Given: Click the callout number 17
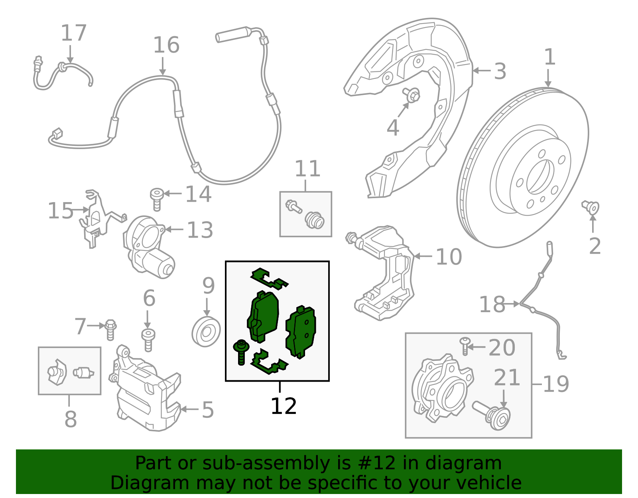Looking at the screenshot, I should (74, 33).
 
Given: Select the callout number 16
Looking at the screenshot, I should (166, 45).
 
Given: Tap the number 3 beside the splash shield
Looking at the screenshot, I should (500, 72).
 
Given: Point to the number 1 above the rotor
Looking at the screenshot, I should (550, 57).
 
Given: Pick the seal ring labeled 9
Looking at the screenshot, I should (206, 332).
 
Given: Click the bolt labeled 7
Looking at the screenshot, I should (110, 329).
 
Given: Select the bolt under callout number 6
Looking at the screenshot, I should (148, 340).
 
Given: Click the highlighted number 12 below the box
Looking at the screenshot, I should (284, 406).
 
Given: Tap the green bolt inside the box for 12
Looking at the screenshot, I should (241, 352).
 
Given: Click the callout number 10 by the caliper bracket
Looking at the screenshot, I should (449, 257).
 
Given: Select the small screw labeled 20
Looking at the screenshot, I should (465, 346).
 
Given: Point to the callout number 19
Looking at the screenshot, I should (556, 384).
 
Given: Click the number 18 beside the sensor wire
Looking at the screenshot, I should (492, 305).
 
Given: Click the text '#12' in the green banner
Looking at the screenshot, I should (377, 463).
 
